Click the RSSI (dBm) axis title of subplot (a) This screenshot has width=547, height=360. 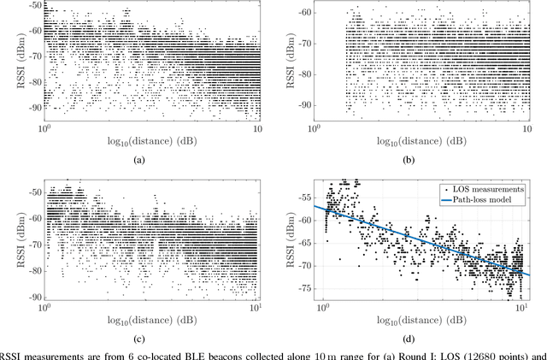[x=10, y=62]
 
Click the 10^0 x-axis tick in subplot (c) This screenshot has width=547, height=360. [x=44, y=305]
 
